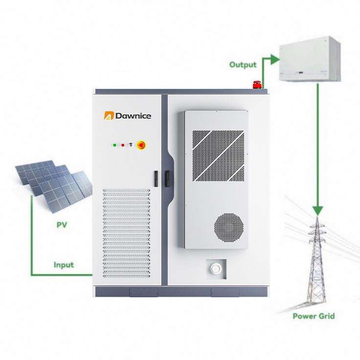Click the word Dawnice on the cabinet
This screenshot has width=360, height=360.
coord(133,116)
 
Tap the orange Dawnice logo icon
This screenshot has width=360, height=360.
coord(109,116)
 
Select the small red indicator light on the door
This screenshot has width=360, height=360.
coord(122,145)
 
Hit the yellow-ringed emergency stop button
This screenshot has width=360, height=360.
coord(141,145)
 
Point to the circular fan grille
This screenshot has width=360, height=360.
coord(228,227)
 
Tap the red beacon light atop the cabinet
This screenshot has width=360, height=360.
coord(256,85)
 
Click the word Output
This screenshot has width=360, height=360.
coord(243,65)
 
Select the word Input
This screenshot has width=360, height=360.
coord(64,265)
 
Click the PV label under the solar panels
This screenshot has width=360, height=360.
coord(62,225)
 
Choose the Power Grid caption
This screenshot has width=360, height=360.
coord(314,316)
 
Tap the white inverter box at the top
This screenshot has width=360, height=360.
coord(309,60)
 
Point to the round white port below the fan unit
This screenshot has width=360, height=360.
coord(215,268)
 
